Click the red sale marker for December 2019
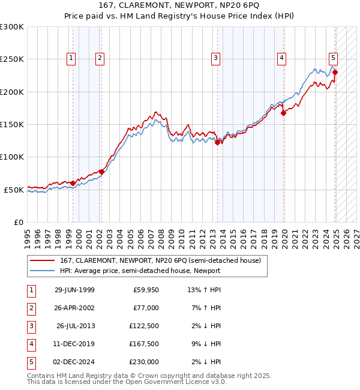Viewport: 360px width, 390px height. pyautogui.click(x=283, y=113)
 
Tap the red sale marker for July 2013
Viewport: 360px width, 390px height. pyautogui.click(x=217, y=142)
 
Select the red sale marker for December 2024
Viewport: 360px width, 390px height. pyautogui.click(x=335, y=72)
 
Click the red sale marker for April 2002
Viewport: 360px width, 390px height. pyautogui.click(x=101, y=172)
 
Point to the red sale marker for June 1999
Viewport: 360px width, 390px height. pyautogui.click(x=73, y=183)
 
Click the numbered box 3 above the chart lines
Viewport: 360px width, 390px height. pyautogui.click(x=215, y=58)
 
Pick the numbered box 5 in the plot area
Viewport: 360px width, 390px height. pyautogui.click(x=333, y=58)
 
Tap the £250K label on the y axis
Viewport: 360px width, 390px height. pyautogui.click(x=12, y=59)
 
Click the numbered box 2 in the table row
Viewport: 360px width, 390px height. pyautogui.click(x=31, y=308)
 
